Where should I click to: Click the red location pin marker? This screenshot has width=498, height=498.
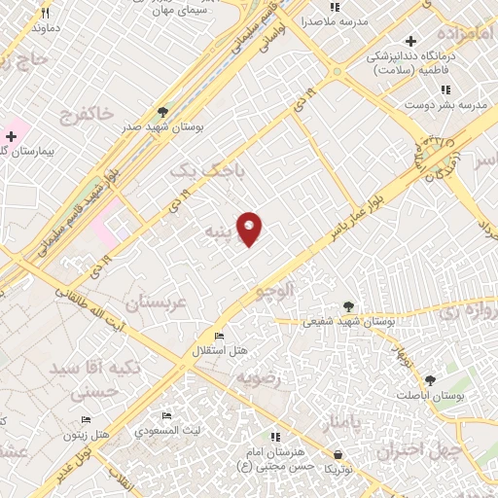click(x=250, y=229)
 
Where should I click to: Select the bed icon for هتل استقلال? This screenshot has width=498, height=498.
click(x=219, y=337)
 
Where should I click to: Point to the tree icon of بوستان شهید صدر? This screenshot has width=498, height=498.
click(x=162, y=112)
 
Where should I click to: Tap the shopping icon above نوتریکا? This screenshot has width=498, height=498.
click(x=337, y=454)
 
